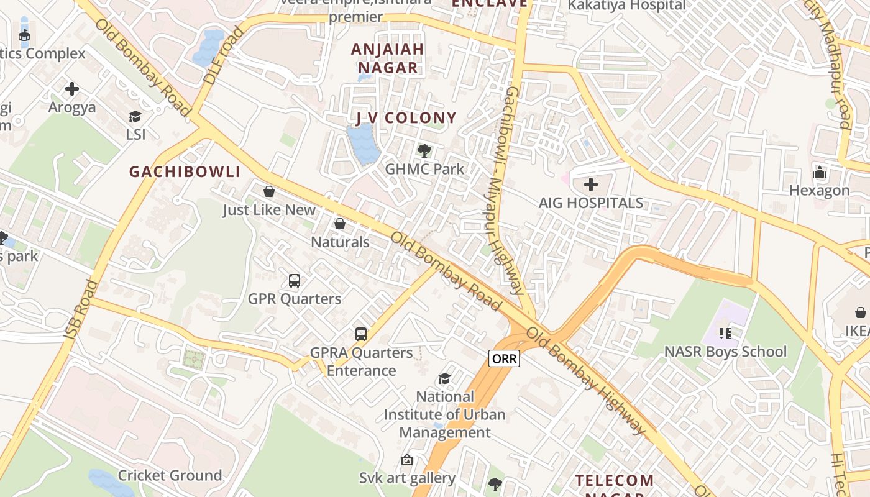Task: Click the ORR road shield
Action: (x=503, y=358)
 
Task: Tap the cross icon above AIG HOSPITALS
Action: (x=591, y=185)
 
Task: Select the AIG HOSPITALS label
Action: (x=591, y=203)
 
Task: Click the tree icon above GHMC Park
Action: (x=424, y=150)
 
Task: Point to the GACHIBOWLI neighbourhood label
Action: (x=185, y=172)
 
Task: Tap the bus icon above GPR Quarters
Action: (x=295, y=281)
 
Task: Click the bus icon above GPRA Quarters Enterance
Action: (x=361, y=334)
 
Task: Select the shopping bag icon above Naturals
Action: (x=340, y=224)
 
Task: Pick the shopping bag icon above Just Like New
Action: (x=269, y=191)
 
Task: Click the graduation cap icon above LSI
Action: (x=135, y=116)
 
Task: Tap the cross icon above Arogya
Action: (x=72, y=89)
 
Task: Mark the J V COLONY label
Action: (x=406, y=118)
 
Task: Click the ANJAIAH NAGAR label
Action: (x=388, y=58)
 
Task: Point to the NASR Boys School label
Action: (x=725, y=352)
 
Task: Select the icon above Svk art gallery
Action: (x=407, y=460)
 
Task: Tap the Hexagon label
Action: (x=819, y=190)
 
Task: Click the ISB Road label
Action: (x=81, y=310)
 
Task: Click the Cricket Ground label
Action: (x=170, y=475)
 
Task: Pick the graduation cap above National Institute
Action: (x=444, y=378)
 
